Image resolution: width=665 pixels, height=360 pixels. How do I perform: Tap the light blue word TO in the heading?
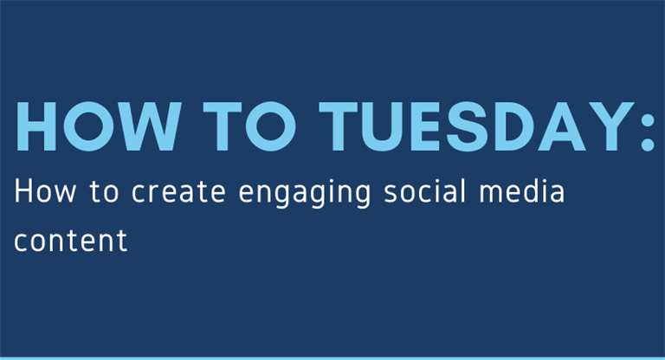pyautogui.click(x=249, y=126)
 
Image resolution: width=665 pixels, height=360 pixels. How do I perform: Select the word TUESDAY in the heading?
pyautogui.click(x=477, y=126)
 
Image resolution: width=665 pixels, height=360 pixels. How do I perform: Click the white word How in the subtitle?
pyautogui.click(x=45, y=191)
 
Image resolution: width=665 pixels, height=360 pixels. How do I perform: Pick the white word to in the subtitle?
pyautogui.click(x=104, y=192)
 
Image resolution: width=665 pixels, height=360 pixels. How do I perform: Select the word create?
pyautogui.click(x=178, y=192)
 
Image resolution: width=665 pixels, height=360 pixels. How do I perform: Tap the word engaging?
pyautogui.click(x=305, y=194)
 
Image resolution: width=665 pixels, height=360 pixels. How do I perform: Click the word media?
pyautogui.click(x=522, y=190)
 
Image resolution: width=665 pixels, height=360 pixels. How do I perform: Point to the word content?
pyautogui.click(x=71, y=241)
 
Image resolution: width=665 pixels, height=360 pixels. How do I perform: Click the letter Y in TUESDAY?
pyautogui.click(x=611, y=126)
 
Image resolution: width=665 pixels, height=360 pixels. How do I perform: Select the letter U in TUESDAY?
pyautogui.click(x=383, y=127)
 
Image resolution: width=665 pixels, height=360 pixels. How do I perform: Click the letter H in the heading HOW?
pyautogui.click(x=36, y=126)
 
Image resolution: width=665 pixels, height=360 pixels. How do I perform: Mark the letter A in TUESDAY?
pyautogui.click(x=562, y=126)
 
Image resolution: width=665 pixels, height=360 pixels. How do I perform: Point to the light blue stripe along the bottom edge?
pyautogui.click(x=332, y=358)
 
